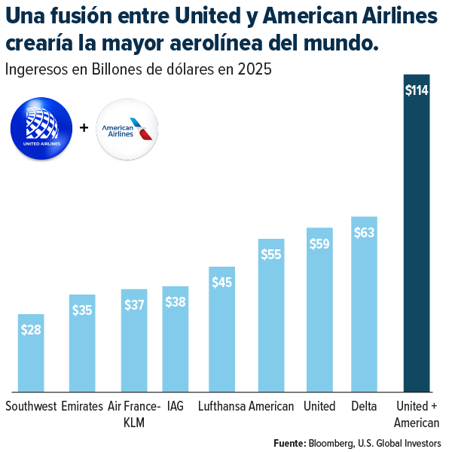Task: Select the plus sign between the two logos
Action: (84, 128)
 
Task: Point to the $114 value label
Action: (417, 90)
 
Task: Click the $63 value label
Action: (364, 233)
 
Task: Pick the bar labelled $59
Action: (319, 309)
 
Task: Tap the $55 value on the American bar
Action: (271, 255)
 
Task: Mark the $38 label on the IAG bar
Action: (175, 302)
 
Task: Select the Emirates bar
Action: (82, 343)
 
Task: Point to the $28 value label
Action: (31, 329)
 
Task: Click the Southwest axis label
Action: (31, 407)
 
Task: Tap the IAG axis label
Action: (175, 407)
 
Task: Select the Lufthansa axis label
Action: (221, 407)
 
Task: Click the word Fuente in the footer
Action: (289, 442)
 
